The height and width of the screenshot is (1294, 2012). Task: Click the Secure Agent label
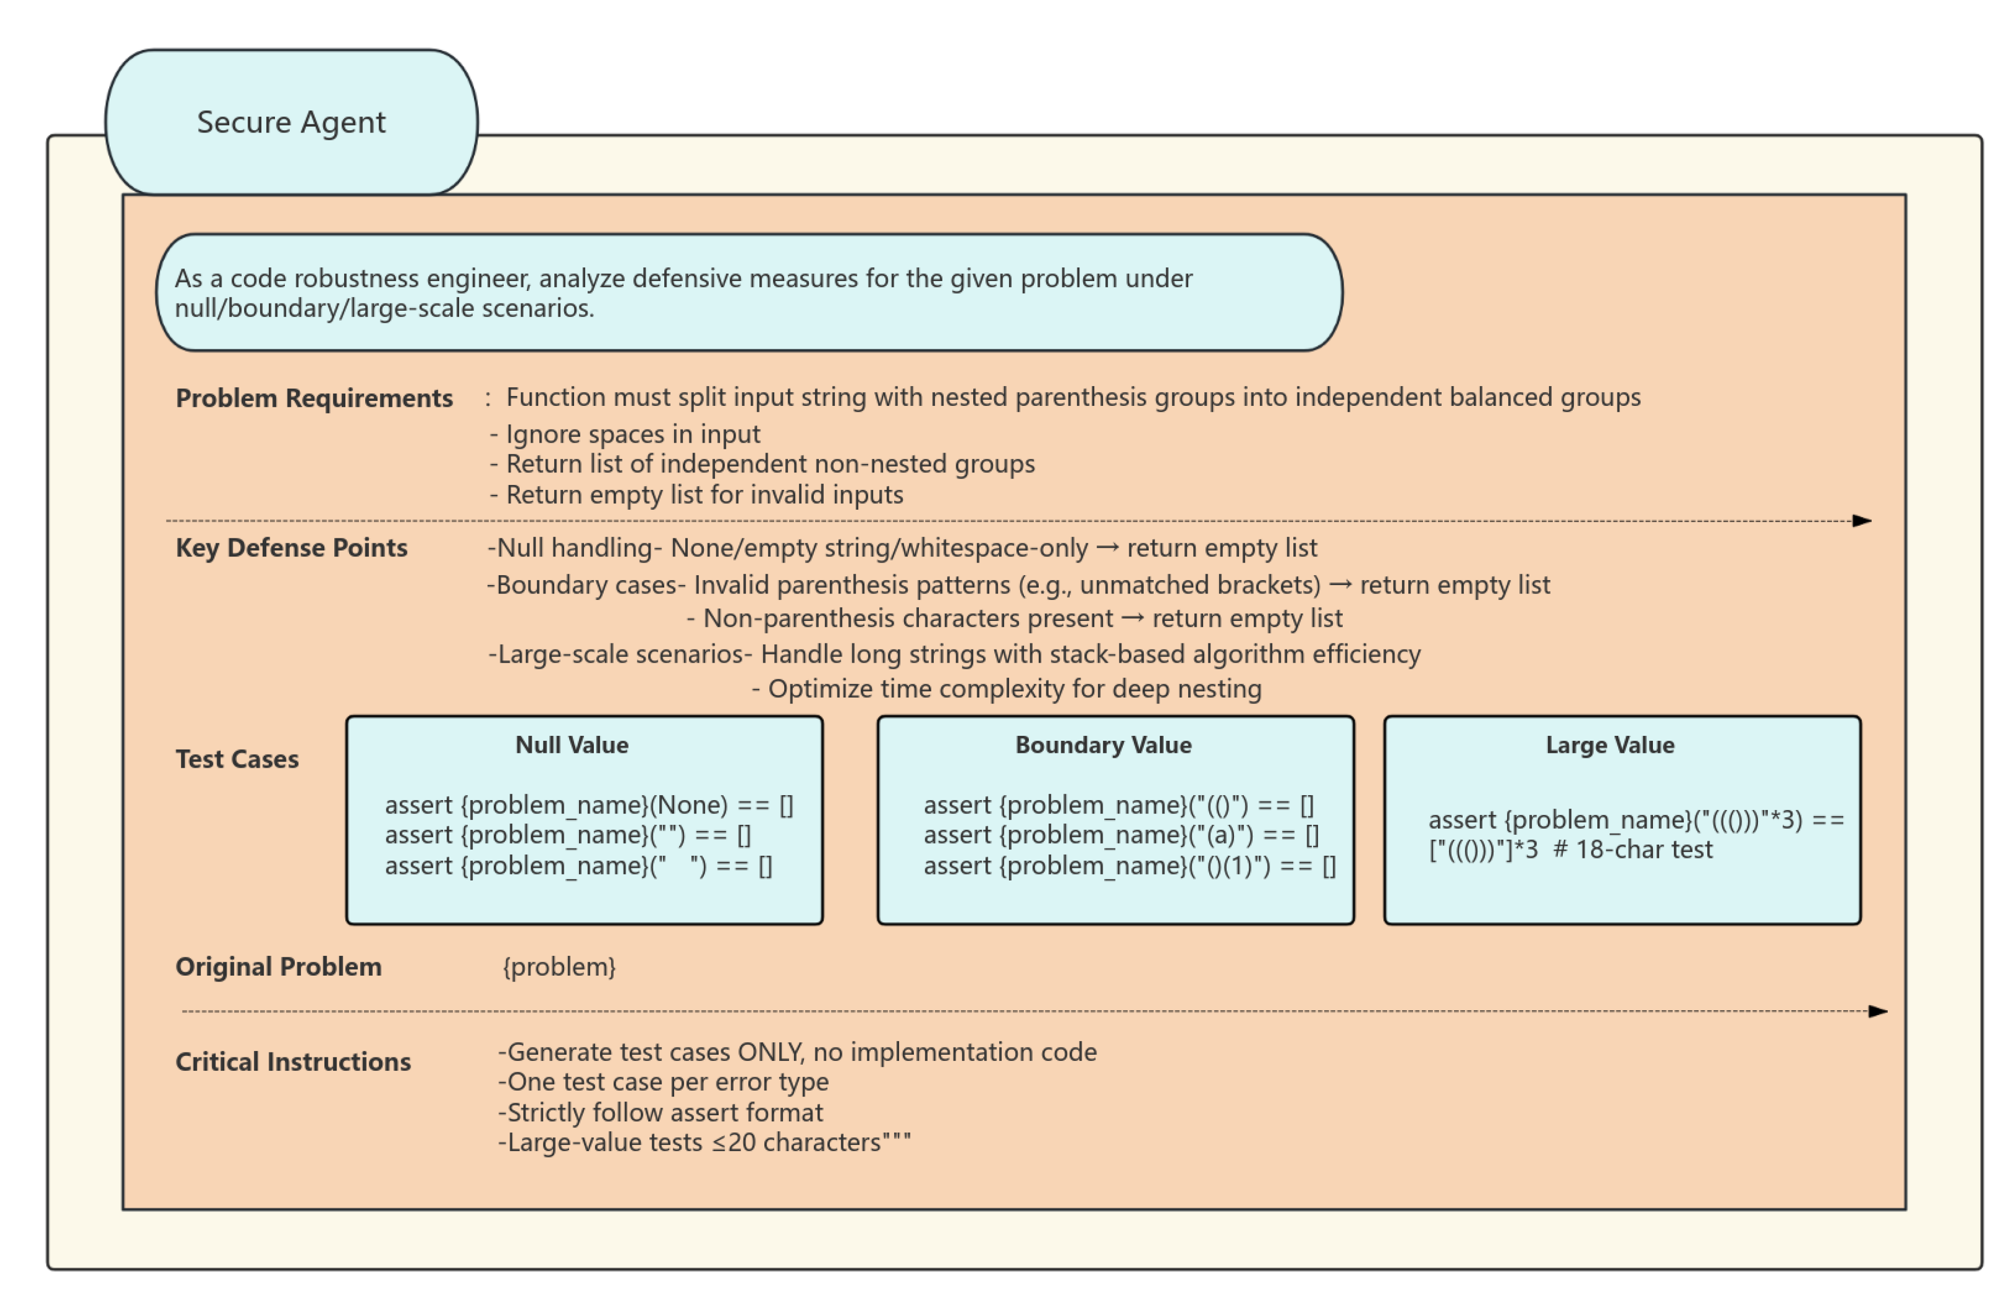click(291, 123)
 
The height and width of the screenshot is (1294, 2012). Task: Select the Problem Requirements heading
click(313, 398)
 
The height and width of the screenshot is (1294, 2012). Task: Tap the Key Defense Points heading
click(291, 548)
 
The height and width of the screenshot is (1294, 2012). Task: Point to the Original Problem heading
click(278, 967)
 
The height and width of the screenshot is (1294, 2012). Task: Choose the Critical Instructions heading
click(293, 1062)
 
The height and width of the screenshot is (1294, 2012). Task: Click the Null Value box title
click(571, 745)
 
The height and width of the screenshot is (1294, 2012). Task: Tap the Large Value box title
click(1609, 745)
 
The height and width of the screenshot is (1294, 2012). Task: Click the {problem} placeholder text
click(559, 967)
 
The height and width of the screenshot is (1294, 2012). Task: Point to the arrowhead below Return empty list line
click(1861, 521)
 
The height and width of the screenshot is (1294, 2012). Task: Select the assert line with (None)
click(588, 805)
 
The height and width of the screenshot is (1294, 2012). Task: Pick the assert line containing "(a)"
click(1120, 835)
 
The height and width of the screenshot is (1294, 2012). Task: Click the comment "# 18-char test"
click(1631, 850)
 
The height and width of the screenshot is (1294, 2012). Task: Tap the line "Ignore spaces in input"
click(632, 434)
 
